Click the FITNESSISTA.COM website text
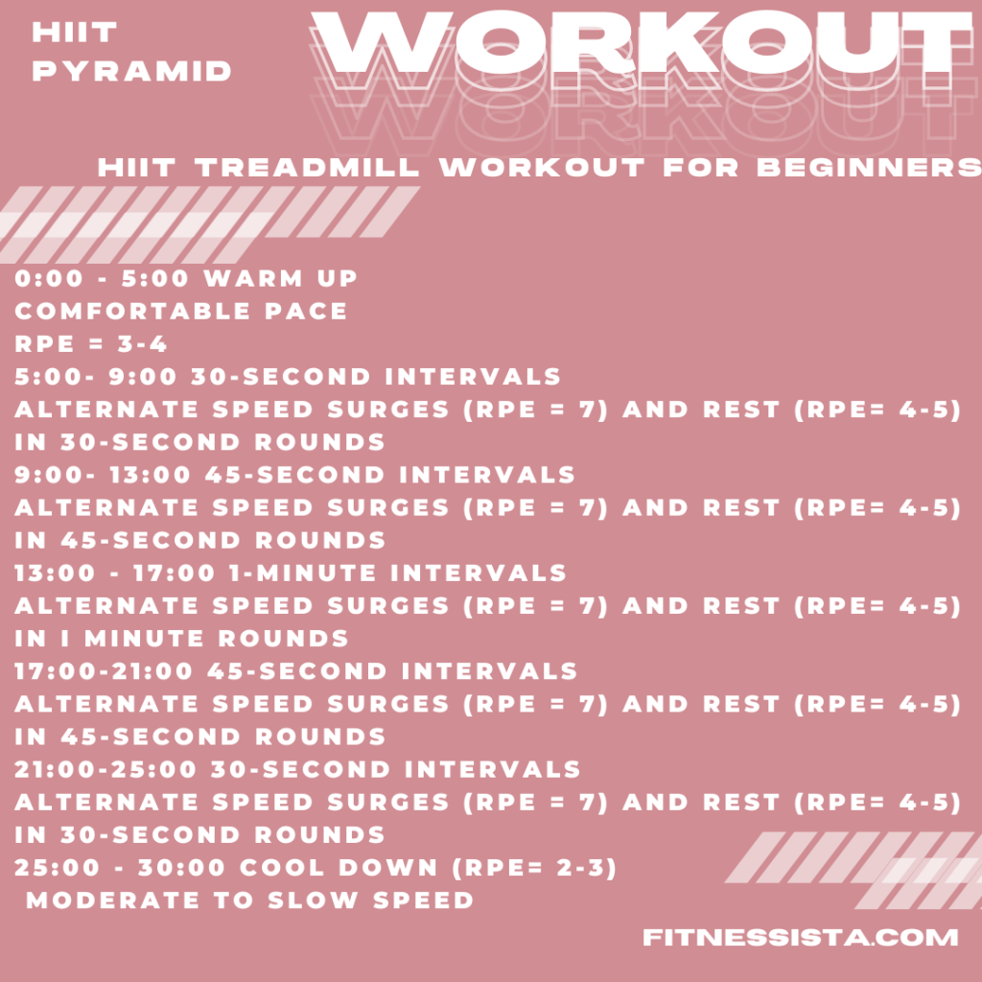(x=801, y=937)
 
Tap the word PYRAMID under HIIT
(x=132, y=71)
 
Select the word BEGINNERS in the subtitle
(x=869, y=168)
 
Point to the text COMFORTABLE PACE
(x=181, y=312)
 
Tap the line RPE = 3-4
(x=91, y=344)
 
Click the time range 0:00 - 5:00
(x=103, y=279)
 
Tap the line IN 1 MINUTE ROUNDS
(x=181, y=638)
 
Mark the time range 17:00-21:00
(x=104, y=670)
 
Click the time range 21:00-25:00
(x=104, y=768)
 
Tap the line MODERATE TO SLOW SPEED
(x=249, y=900)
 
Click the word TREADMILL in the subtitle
(x=308, y=168)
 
